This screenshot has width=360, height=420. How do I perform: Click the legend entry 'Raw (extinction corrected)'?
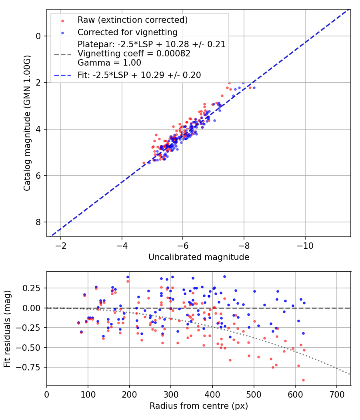132,20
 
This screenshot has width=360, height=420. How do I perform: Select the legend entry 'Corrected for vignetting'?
127,32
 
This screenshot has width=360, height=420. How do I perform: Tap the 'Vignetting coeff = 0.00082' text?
134,54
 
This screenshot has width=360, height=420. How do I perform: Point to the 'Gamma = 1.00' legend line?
109,63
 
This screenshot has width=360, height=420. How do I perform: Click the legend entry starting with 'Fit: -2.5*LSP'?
139,75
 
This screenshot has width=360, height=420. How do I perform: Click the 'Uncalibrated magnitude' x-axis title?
199,257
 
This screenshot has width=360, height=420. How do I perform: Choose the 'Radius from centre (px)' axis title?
199,406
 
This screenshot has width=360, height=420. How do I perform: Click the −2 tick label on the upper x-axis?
61,244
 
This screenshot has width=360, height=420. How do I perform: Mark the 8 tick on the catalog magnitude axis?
38,222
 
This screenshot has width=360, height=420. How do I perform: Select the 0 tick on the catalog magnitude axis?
38,36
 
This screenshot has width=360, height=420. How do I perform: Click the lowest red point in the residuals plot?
303,380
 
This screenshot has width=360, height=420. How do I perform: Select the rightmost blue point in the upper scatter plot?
254,88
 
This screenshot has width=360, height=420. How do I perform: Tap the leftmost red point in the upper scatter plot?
144,163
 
